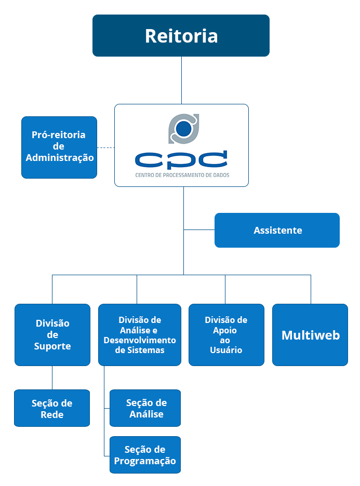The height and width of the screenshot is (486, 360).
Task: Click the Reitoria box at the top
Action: [x=181, y=35]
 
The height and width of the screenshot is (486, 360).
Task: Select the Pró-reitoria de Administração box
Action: [x=59, y=147]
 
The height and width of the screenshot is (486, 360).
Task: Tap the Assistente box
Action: [x=277, y=230]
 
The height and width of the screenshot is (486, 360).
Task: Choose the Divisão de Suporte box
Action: [x=52, y=334]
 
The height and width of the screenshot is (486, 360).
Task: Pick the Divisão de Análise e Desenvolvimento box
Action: [x=139, y=334]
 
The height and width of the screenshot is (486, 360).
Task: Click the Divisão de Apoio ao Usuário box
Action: [x=226, y=334]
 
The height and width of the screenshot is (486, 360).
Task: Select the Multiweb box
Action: [x=310, y=334]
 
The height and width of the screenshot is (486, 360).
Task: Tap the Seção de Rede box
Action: [x=52, y=408]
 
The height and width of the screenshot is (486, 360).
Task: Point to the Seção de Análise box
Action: [x=145, y=408]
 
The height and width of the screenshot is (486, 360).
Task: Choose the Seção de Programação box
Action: [x=145, y=455]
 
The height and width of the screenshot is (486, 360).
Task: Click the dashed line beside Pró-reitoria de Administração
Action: [x=105, y=147]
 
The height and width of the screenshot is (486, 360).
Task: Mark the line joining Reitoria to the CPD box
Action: [x=181, y=80]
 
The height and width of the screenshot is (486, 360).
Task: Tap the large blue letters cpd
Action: [x=181, y=160]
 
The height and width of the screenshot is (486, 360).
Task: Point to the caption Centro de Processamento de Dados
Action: [x=182, y=176]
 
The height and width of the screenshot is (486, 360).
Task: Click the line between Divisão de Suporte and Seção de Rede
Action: [x=52, y=378]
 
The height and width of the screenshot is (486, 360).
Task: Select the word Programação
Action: [x=145, y=461]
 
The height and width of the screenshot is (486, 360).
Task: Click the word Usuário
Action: [x=226, y=350]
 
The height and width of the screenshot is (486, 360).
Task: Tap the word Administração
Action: [x=60, y=157]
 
